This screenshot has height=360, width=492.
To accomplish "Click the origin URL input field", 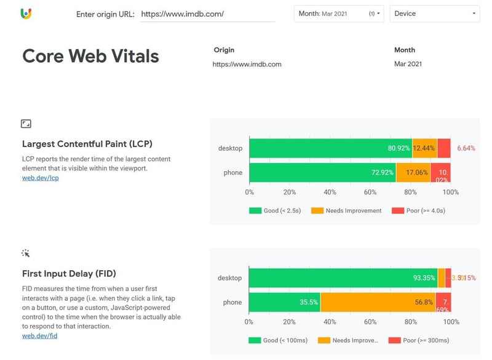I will click(207, 14).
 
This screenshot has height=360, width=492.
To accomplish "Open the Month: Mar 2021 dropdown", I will click(339, 14).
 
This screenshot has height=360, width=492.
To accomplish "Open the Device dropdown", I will click(434, 14).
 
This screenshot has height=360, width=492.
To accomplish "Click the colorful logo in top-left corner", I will click(26, 14).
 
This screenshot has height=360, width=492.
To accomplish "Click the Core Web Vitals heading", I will click(90, 56).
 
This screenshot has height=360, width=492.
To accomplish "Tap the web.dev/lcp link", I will click(40, 178).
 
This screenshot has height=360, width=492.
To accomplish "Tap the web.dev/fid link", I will click(40, 335).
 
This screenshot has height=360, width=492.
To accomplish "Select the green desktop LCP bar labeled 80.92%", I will click(330, 148).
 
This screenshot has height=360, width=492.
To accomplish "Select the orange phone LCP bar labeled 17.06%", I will click(413, 173).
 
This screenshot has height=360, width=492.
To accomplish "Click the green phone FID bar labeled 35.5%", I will click(284, 302).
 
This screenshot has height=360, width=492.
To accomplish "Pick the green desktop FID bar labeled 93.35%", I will click(343, 278).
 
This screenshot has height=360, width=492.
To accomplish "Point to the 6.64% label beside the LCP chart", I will click(466, 148).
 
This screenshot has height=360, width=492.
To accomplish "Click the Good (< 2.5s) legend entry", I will click(274, 210).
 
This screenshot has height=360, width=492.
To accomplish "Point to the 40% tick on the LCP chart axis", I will click(330, 192).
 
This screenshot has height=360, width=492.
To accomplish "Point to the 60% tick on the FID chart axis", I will click(370, 321).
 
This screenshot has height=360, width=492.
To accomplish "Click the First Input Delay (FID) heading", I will click(69, 273).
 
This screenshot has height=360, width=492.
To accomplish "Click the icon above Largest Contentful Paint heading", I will click(26, 124).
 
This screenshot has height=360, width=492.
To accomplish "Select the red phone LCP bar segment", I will click(441, 173).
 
